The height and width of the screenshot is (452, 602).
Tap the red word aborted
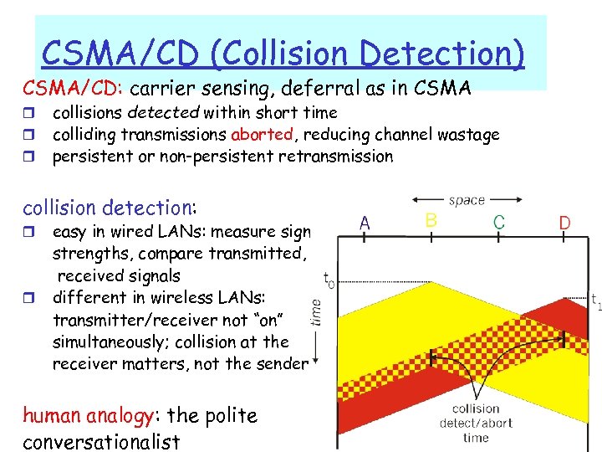tap(262, 135)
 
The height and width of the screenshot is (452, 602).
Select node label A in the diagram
tap(365, 223)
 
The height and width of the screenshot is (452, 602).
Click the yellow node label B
tap(431, 220)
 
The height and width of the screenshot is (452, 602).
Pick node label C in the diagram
tap(498, 223)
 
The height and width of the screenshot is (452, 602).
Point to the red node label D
tap(565, 223)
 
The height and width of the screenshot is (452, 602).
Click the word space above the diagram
tap(466, 200)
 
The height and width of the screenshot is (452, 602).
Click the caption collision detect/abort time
tap(475, 423)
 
